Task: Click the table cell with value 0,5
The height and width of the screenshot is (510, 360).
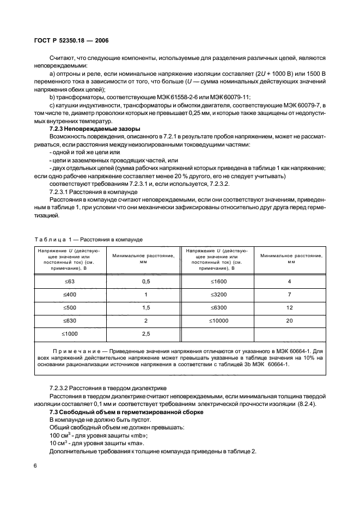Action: [x=145, y=281]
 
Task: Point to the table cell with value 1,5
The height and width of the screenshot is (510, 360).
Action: [x=145, y=307]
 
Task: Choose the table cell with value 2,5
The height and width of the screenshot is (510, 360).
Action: [x=145, y=333]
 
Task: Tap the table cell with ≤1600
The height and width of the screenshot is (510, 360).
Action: [x=218, y=281]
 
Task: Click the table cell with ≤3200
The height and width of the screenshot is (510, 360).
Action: [x=218, y=294]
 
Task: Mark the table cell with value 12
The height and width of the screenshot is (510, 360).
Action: [x=290, y=307]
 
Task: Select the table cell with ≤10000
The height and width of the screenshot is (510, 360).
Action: [x=218, y=320]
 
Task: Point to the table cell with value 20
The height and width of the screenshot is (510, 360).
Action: [x=290, y=320]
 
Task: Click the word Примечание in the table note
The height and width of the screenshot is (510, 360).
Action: [x=74, y=353]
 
